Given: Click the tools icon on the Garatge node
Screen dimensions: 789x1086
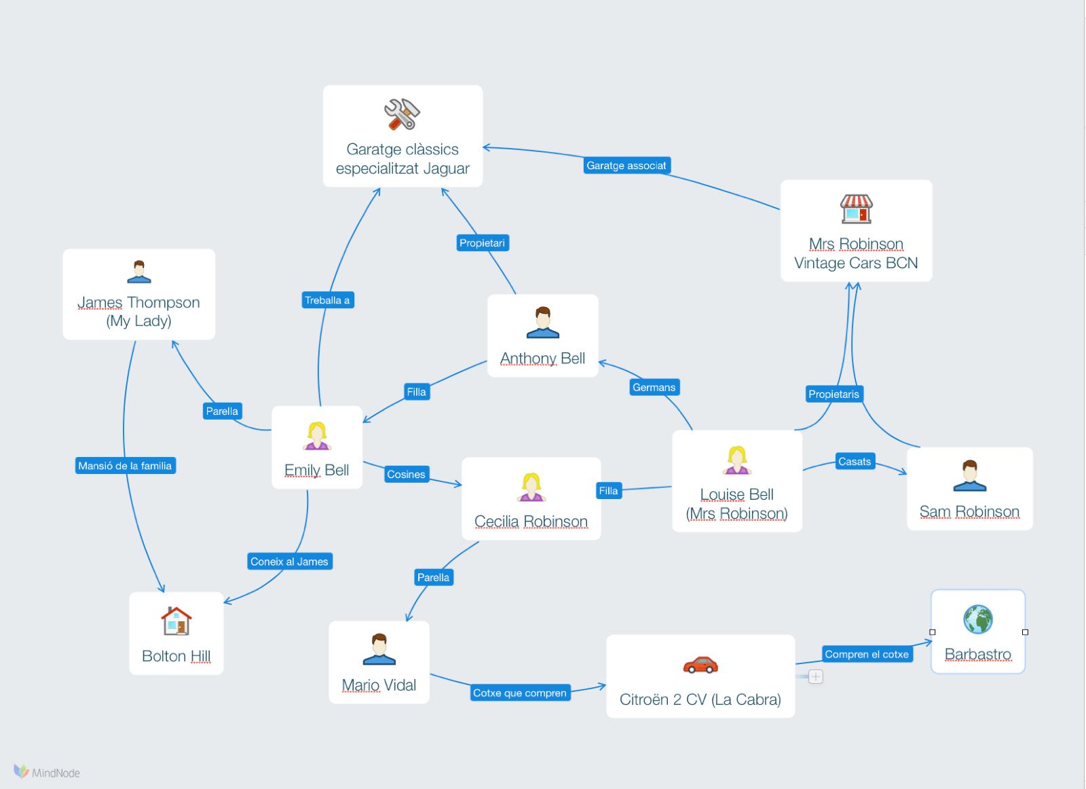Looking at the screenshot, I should coord(402,114).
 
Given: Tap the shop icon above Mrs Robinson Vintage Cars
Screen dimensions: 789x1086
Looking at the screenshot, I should coord(856,209).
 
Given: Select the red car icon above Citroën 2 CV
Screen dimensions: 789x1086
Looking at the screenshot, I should coord(700,664).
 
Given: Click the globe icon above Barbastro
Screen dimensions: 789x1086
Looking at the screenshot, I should coord(977,619).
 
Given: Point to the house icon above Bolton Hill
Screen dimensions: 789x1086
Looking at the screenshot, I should coord(176,621).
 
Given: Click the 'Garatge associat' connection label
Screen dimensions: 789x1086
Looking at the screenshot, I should coord(626,166).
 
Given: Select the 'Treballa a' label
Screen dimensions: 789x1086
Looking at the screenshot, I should coord(327,300).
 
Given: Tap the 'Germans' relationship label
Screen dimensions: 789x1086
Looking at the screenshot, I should coord(654,387).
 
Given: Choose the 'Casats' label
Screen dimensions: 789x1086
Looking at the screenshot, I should coord(854,462).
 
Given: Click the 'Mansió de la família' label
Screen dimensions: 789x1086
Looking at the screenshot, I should coord(125,466).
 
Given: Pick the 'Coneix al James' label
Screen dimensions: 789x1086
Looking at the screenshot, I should coord(289,562).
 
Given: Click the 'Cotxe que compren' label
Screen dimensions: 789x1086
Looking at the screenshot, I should coord(519,693).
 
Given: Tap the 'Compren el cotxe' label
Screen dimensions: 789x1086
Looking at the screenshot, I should coord(866,655).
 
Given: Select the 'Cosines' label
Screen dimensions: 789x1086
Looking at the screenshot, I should coord(406,475).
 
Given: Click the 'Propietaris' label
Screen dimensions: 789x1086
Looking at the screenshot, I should coord(834,394).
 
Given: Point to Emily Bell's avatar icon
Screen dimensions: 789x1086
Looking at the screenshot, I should coord(316,436).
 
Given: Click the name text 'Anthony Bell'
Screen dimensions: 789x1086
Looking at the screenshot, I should coord(542,359).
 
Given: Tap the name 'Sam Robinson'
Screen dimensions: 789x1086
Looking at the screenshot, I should coord(969,512).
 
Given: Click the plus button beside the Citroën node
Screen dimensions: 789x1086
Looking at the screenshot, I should coord(816,676).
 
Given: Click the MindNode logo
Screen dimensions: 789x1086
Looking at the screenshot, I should coord(47,772).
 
